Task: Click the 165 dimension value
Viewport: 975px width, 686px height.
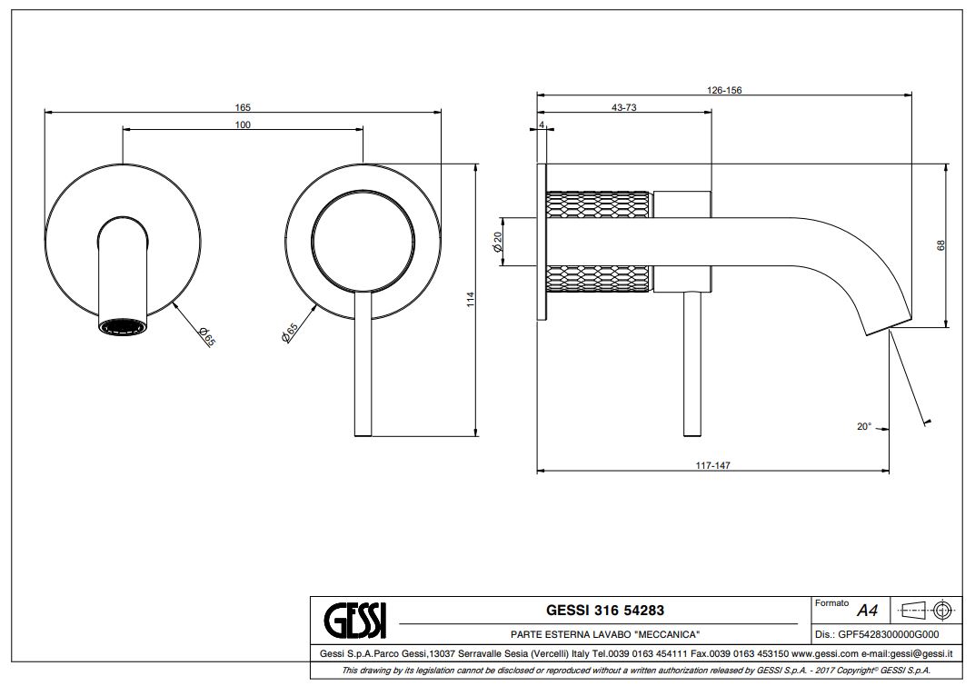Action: (243, 107)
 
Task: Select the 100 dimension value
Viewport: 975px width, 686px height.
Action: (243, 124)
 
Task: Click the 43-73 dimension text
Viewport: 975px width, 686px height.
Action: (623, 107)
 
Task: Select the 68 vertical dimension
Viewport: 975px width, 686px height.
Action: (940, 245)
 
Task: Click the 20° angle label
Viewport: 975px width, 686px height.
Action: (863, 425)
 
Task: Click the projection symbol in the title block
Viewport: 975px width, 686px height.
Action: (922, 609)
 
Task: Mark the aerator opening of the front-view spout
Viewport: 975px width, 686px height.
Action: (121, 327)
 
